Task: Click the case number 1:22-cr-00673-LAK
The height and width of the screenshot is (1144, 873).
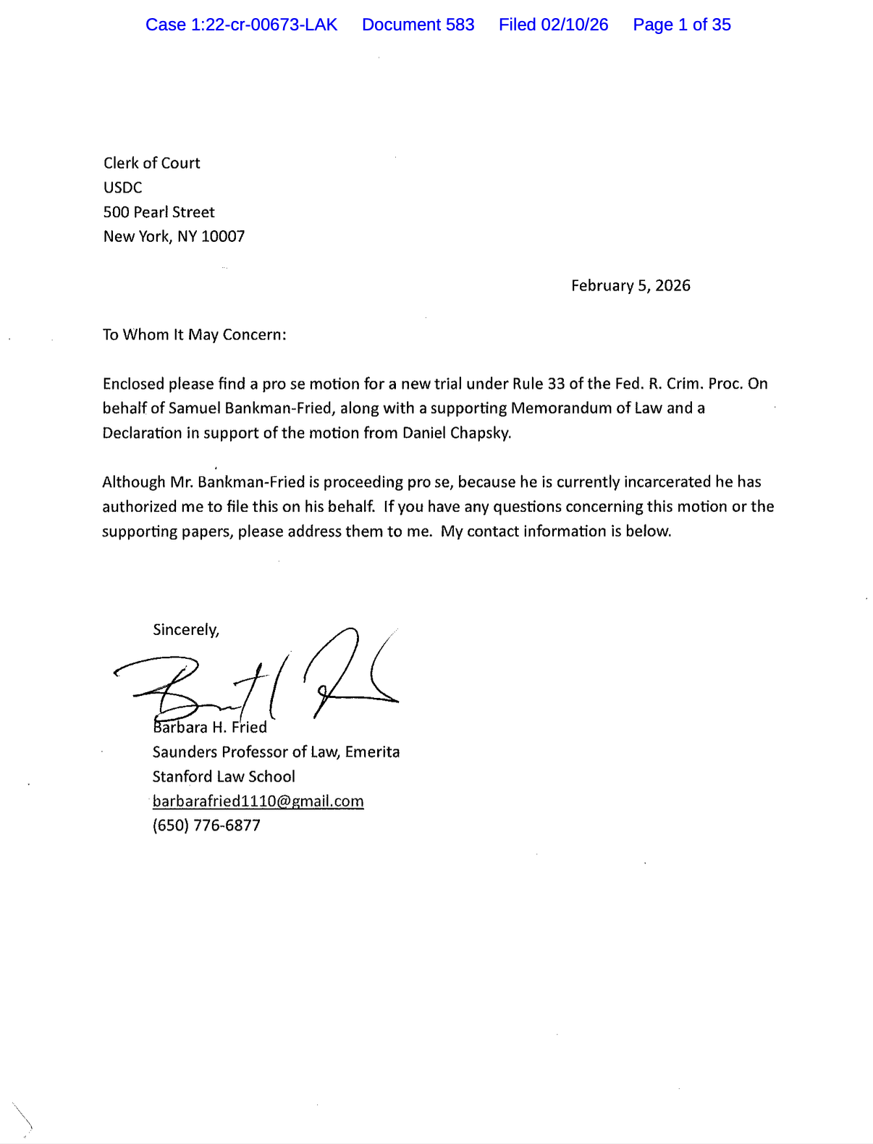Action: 241,25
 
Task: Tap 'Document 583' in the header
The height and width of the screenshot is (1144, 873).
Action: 418,25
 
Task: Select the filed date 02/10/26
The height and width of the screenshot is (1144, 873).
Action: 553,25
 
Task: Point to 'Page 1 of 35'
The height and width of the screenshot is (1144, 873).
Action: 681,25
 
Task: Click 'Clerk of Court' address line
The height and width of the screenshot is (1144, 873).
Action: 151,163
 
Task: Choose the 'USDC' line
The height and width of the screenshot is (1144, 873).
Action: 122,188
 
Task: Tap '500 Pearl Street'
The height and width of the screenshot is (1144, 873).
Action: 159,212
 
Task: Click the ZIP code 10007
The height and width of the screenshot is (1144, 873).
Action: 223,237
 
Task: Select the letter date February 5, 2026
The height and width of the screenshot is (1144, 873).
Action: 630,286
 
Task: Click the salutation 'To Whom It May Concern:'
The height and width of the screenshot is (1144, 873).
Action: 194,335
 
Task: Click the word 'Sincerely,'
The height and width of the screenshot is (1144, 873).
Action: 185,630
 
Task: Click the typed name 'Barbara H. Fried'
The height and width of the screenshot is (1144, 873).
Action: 210,728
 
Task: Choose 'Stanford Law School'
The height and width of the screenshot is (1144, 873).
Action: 223,777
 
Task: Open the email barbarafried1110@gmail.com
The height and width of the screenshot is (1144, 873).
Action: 258,802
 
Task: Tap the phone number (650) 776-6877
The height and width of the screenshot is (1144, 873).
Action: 206,825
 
